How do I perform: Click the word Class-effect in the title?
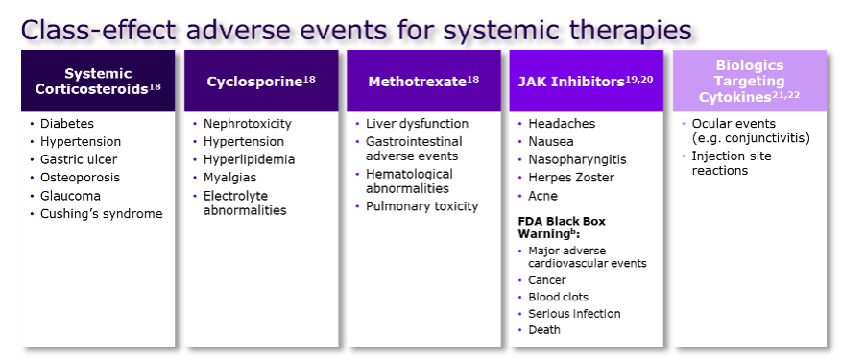[x=98, y=30]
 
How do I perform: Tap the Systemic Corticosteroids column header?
[x=98, y=82]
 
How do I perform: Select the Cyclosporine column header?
[x=261, y=82]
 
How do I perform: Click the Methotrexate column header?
[x=423, y=82]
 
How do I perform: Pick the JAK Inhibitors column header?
[x=586, y=82]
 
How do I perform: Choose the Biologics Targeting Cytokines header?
[x=750, y=82]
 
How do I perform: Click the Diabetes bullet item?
[x=67, y=124]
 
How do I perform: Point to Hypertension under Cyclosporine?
[x=243, y=142]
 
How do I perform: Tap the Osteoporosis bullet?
[x=80, y=178]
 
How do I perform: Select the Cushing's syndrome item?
[x=102, y=214]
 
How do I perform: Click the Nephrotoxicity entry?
[x=247, y=124]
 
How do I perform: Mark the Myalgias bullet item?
[x=229, y=178]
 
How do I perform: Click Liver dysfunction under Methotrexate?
[x=417, y=124]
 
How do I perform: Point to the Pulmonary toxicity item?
[x=421, y=206]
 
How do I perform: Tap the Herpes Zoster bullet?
[x=571, y=178]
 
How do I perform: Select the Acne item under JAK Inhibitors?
[x=542, y=196]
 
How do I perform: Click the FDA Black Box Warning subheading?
[x=562, y=228]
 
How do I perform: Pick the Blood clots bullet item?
[x=558, y=297]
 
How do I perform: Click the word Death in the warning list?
[x=544, y=330]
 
